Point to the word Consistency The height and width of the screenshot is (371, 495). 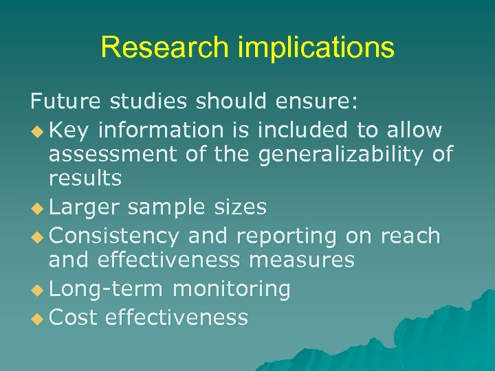coord(115,236)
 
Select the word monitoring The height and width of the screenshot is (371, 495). coord(231,289)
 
